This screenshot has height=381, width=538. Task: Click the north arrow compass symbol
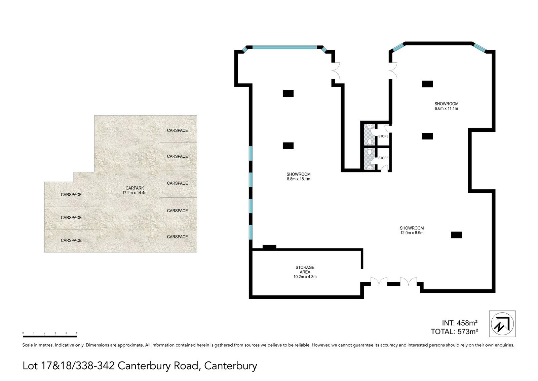[x=502, y=324]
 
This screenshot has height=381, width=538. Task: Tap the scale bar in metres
[x=50, y=336]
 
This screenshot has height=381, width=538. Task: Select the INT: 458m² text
[x=459, y=323]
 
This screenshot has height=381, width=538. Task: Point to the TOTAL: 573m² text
[x=454, y=332]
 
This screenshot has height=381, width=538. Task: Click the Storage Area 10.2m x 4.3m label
[x=305, y=272]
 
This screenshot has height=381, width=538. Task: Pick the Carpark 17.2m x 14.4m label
[x=135, y=190]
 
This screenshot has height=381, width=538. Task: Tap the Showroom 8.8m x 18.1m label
[x=298, y=177]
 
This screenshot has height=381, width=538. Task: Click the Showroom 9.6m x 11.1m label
[x=446, y=106]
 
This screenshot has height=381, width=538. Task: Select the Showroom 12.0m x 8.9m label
[x=412, y=230]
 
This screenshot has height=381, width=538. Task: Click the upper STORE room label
[x=383, y=136]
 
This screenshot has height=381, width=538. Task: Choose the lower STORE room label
[x=383, y=158]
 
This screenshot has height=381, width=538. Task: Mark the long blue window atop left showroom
[x=284, y=47]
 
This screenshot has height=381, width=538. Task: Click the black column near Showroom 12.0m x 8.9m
[x=456, y=235]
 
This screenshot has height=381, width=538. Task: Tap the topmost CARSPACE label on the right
[x=177, y=130]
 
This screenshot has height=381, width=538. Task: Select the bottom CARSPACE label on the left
[x=71, y=241]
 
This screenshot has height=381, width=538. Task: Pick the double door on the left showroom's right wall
[x=336, y=71]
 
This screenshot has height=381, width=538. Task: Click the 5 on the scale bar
[x=77, y=333]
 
